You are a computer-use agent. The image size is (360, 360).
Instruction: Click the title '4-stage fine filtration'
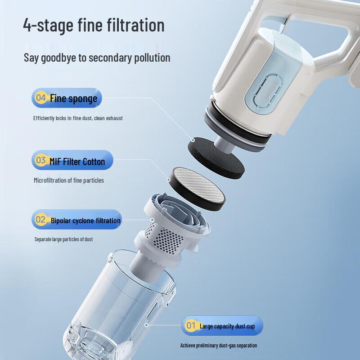click(x=94, y=25)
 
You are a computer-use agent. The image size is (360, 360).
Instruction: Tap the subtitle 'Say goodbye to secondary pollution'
click(x=97, y=58)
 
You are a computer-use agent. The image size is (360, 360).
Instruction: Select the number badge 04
click(x=40, y=98)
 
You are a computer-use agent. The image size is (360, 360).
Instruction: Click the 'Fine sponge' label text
click(x=73, y=98)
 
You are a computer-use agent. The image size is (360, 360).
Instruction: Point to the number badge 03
click(x=40, y=160)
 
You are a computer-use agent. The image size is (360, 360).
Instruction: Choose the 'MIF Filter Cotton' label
click(x=77, y=162)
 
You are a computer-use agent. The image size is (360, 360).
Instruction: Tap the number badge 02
click(x=40, y=220)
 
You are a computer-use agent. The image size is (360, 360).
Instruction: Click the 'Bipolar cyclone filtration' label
click(x=85, y=220)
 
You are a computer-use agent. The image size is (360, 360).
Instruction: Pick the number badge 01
click(x=190, y=325)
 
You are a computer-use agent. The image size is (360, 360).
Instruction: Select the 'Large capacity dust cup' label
click(x=227, y=326)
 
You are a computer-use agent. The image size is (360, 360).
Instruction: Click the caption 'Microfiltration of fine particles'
click(x=69, y=180)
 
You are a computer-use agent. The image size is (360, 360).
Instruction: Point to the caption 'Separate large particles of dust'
click(x=63, y=239)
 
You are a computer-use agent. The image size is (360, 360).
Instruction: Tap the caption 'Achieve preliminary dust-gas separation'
click(x=219, y=345)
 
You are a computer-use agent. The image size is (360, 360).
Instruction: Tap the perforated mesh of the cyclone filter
click(x=166, y=239)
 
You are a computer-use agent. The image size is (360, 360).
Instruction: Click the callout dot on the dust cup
click(x=146, y=325)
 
